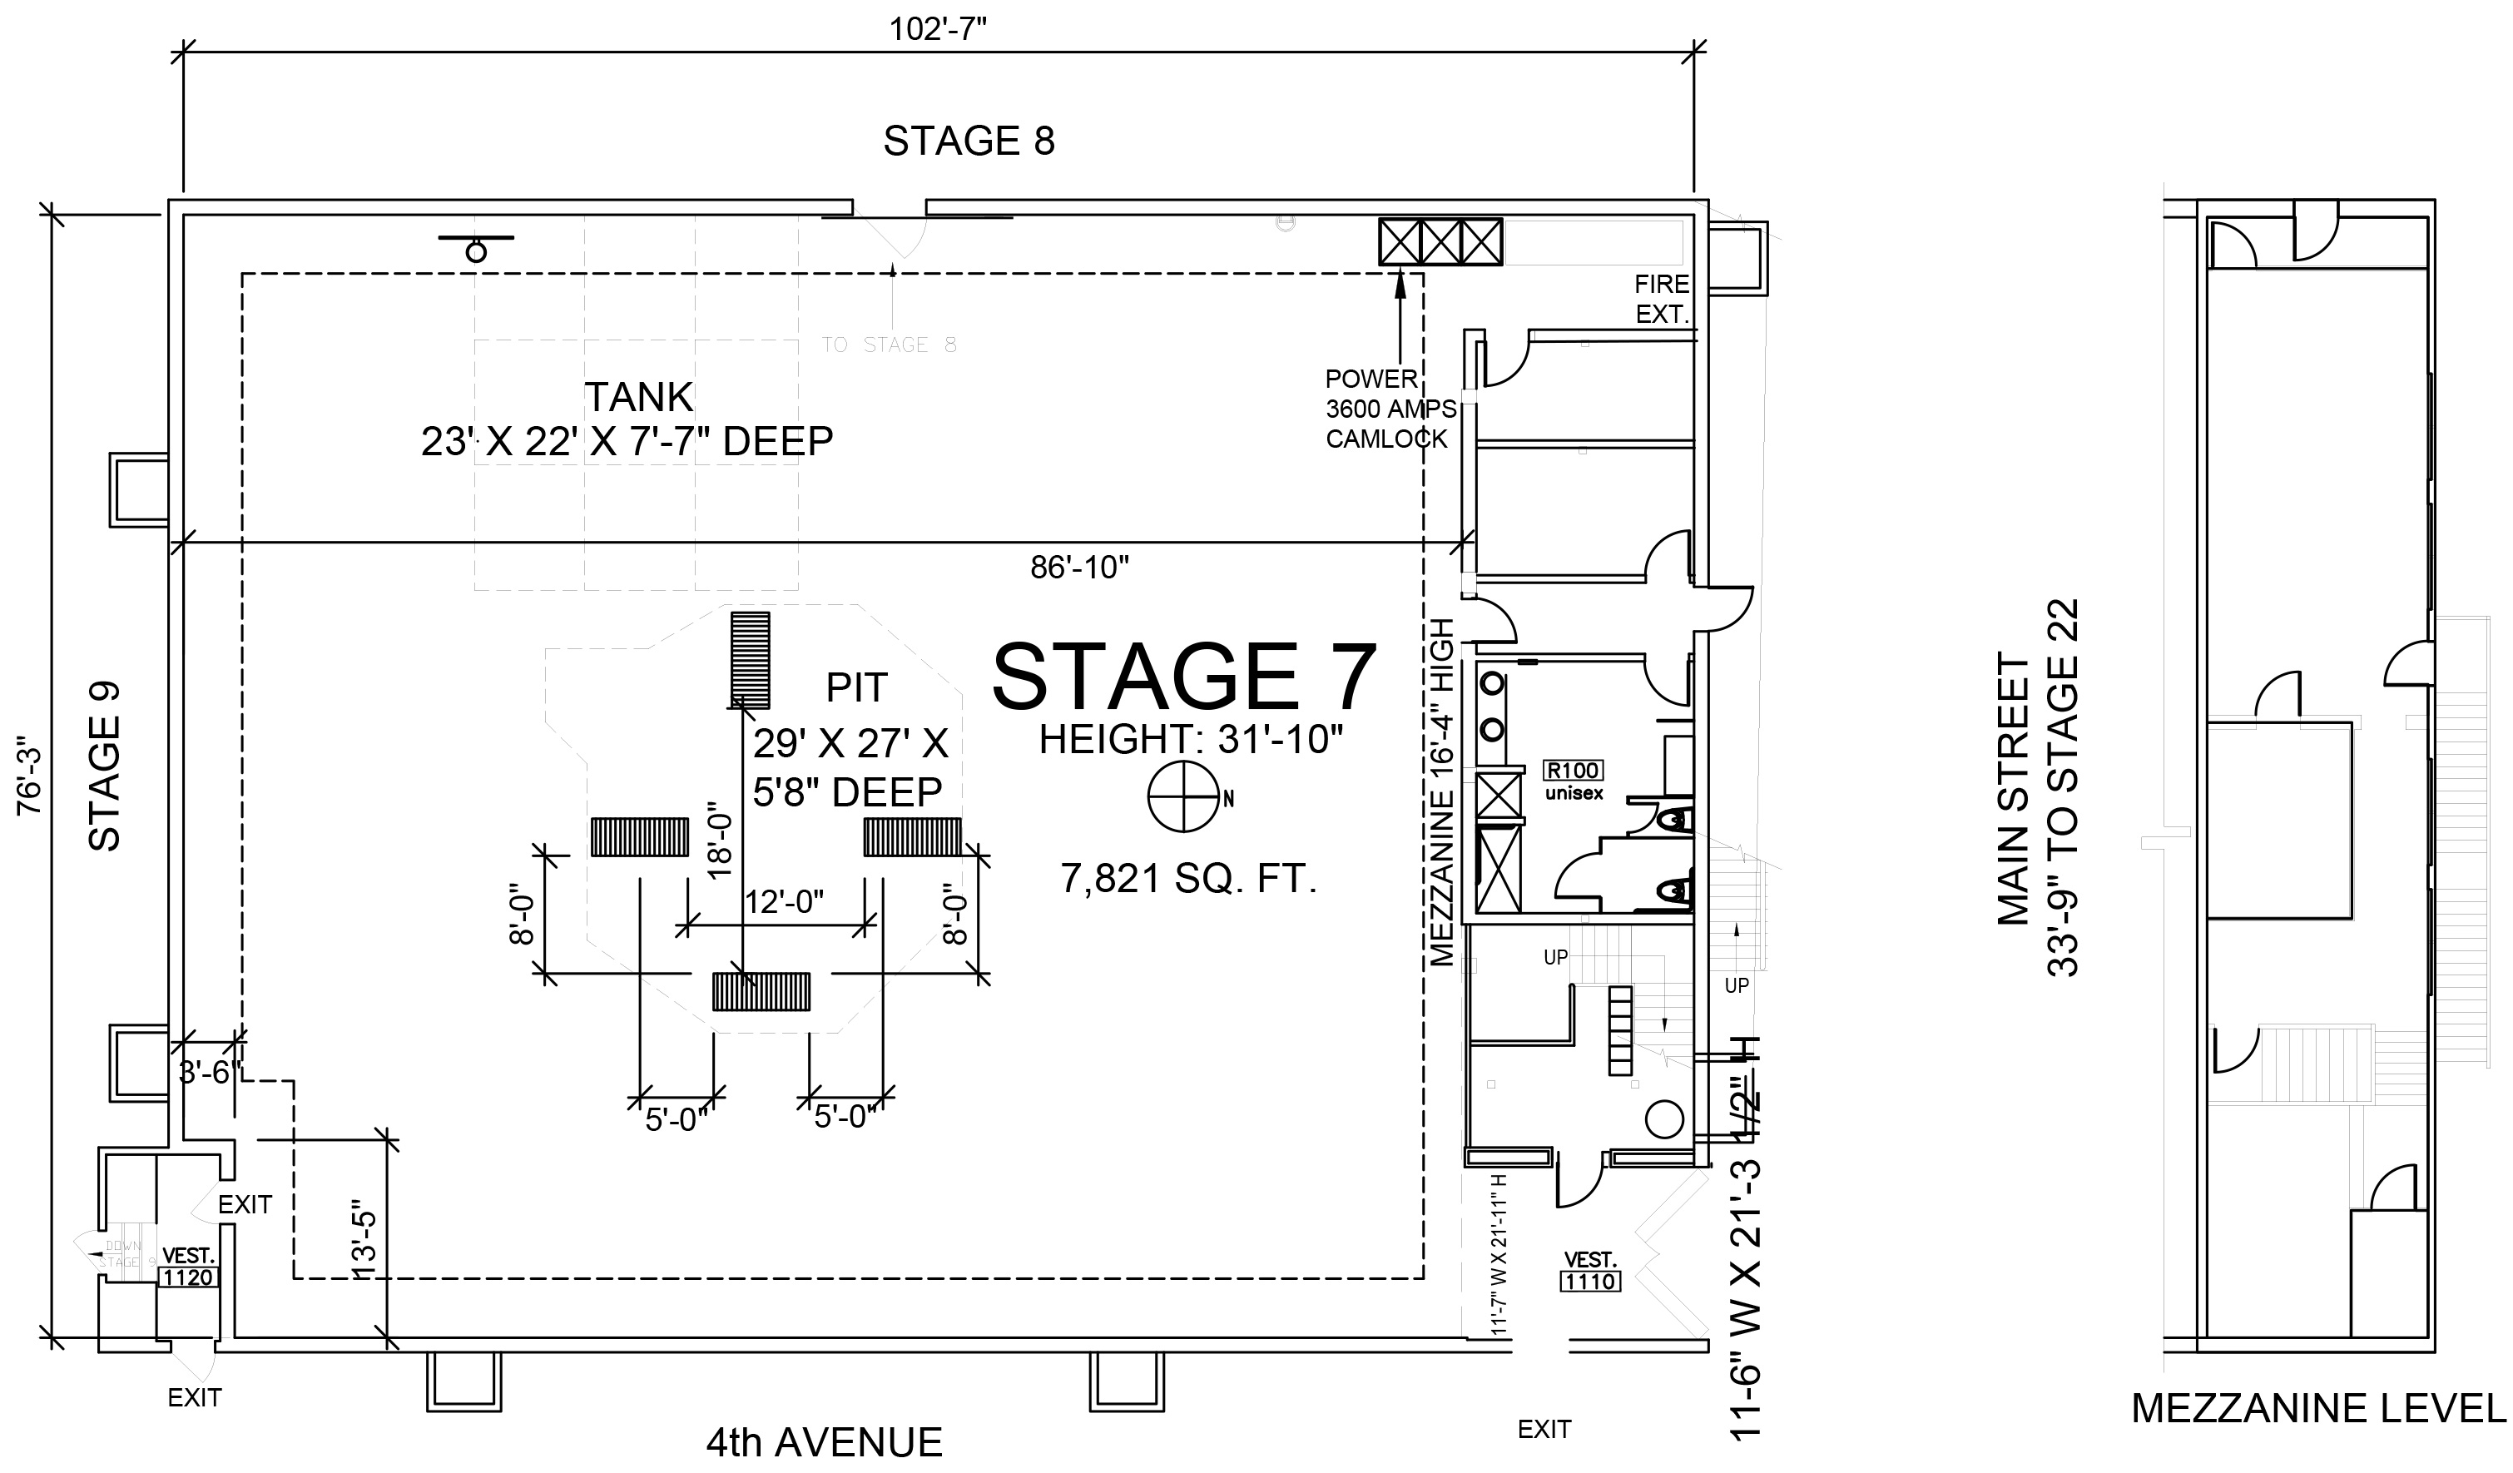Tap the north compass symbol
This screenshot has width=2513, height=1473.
(x=1184, y=797)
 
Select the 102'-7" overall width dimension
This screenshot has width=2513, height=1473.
(x=938, y=29)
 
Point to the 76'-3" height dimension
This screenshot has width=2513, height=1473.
(x=30, y=775)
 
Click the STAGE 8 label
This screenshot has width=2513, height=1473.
(x=969, y=141)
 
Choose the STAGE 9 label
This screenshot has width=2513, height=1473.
(x=105, y=765)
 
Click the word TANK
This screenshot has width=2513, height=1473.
(x=638, y=397)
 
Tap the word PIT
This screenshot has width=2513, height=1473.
(x=855, y=687)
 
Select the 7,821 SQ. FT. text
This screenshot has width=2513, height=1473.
(x=1189, y=879)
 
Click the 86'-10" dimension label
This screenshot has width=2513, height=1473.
(x=1079, y=568)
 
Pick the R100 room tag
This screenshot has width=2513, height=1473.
(x=1574, y=770)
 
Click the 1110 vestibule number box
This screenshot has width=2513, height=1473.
(x=1589, y=1282)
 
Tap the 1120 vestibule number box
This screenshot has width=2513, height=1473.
(x=187, y=1277)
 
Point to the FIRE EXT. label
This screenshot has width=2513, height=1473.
(x=1662, y=300)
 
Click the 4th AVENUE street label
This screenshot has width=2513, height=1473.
(x=824, y=1443)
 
